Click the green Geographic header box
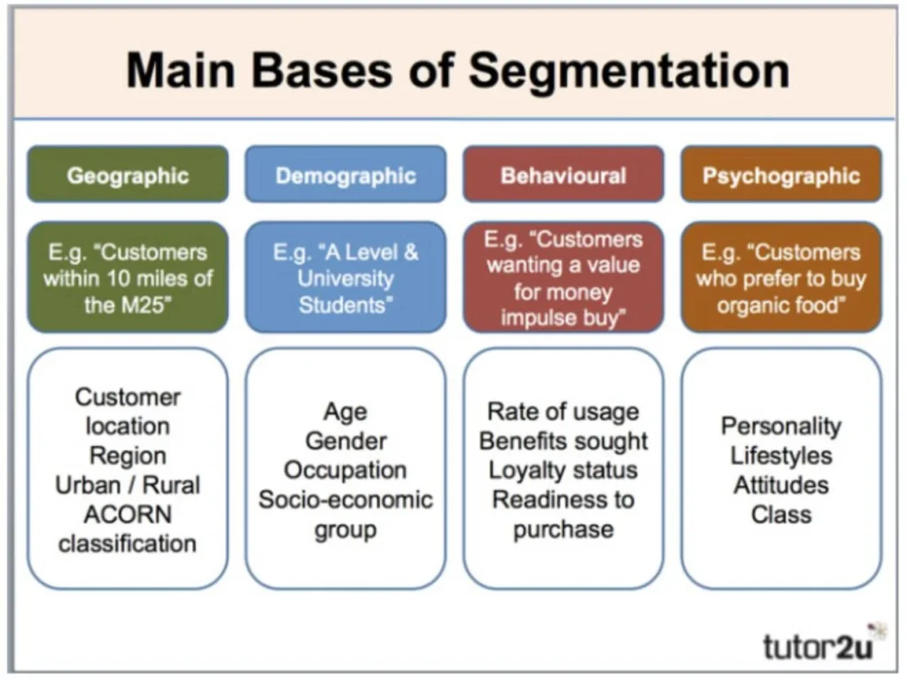(x=128, y=175)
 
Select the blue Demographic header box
(x=345, y=175)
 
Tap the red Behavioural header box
(x=563, y=175)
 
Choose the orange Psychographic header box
(x=781, y=175)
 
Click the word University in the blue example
(x=345, y=278)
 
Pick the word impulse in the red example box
(x=539, y=316)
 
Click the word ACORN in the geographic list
(x=128, y=514)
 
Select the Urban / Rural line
(x=128, y=485)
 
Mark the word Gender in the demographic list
(x=345, y=441)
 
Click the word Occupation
(x=345, y=470)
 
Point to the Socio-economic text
(x=345, y=499)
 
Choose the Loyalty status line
(x=563, y=470)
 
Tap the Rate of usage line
(x=563, y=411)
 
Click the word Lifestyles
(x=781, y=456)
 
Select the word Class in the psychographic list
(x=781, y=514)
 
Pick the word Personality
(x=781, y=426)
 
